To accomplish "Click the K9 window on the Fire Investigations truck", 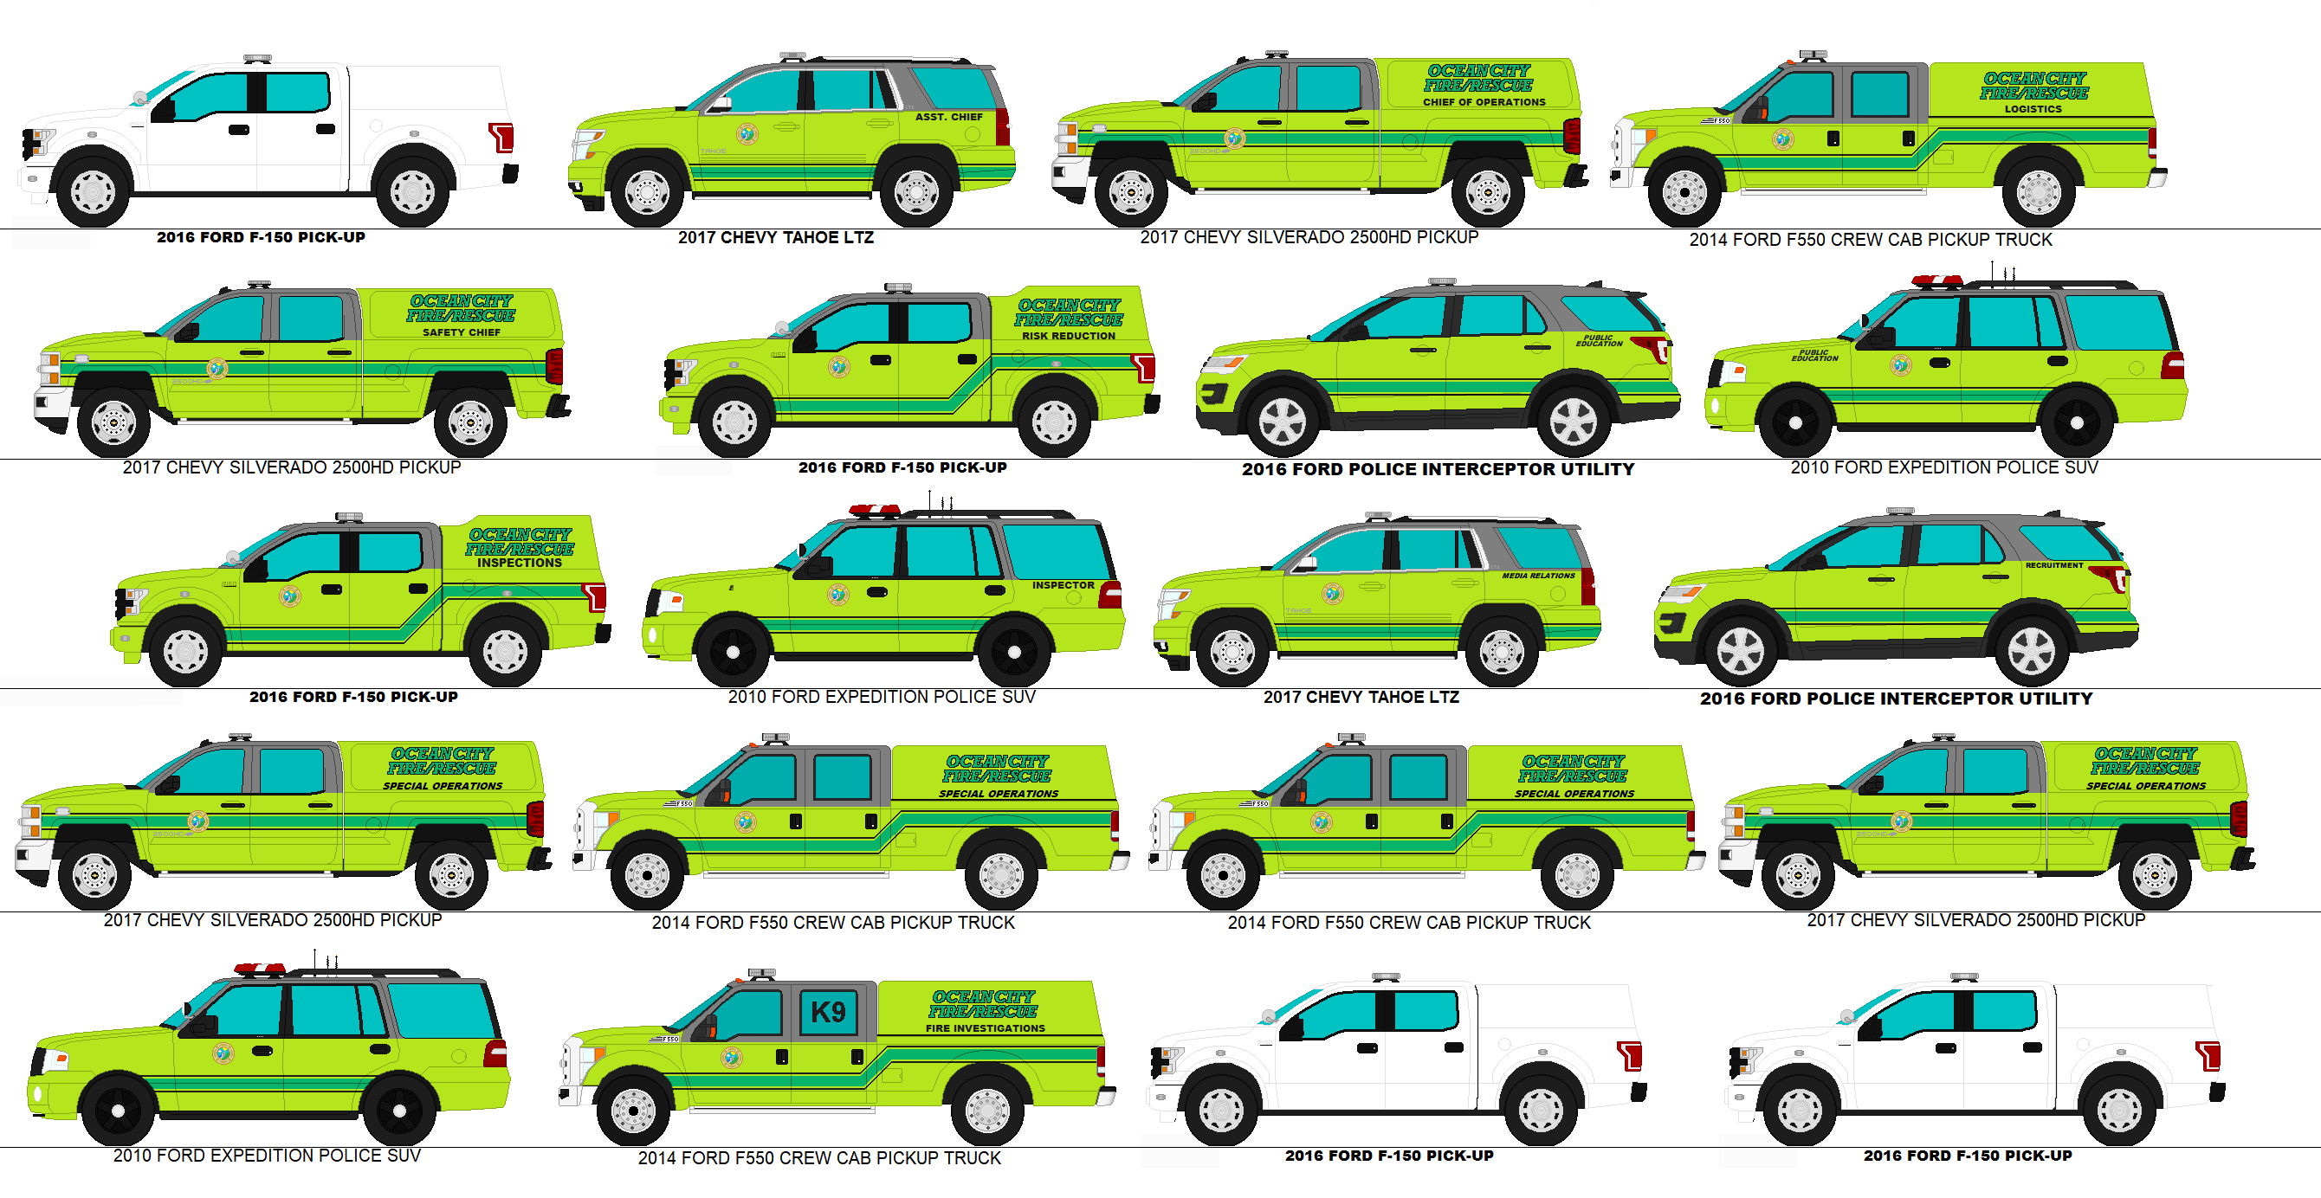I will tap(827, 1012).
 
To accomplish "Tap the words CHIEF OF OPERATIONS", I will tap(1483, 102).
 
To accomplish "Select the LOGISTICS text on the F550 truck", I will tap(2032, 109).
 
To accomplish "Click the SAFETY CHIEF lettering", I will tap(462, 332).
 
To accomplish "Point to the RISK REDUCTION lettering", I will tap(1068, 336).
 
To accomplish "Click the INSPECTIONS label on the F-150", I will tap(519, 563).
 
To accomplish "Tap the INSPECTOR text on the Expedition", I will tap(1063, 585).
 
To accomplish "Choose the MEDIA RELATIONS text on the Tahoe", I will tap(1537, 576).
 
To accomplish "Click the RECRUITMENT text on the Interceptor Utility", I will tap(2053, 565).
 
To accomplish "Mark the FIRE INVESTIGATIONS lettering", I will tap(985, 1027).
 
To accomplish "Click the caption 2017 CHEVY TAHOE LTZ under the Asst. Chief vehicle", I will tap(775, 238).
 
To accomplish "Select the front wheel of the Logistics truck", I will tap(1683, 191).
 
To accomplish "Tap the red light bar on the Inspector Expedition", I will tap(874, 511).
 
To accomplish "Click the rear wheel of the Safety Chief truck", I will tap(469, 422).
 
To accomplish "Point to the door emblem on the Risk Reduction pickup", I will tap(839, 367).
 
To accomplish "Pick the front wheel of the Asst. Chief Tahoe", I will tap(646, 191).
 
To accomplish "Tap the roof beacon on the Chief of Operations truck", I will tap(1276, 55).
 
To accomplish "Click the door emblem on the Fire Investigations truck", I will tap(732, 1057).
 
